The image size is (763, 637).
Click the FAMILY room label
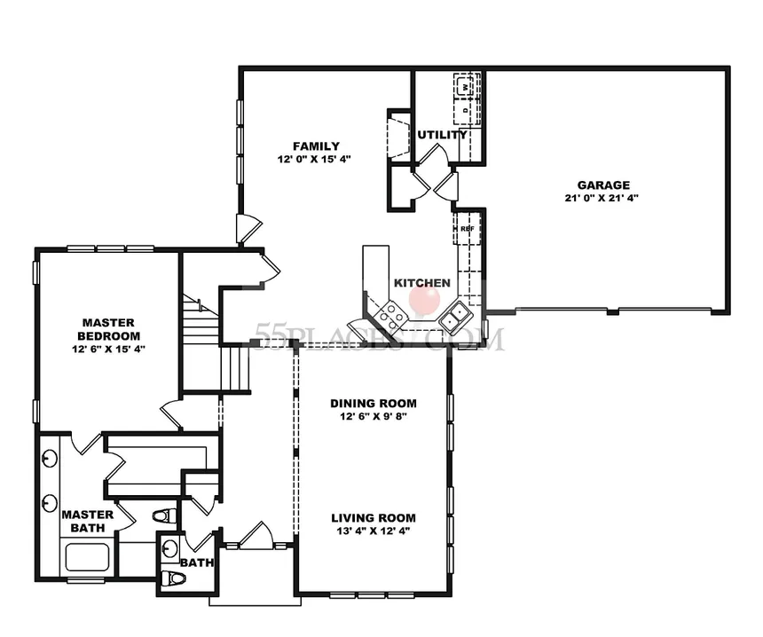pos(317,146)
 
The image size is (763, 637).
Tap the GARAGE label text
pos(603,185)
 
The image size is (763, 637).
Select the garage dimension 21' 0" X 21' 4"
pos(602,198)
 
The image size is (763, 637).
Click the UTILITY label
pos(442,135)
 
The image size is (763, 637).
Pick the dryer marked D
pos(466,110)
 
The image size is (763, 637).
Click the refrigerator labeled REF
pos(468,228)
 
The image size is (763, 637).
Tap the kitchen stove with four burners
pos(391,314)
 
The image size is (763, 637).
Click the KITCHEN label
pos(422,283)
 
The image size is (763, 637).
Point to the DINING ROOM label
pos(374,404)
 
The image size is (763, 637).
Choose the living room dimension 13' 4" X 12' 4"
pos(374,531)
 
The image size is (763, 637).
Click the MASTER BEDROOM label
pos(108,329)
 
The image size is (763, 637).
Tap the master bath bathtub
pos(87,557)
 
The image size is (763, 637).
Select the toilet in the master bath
pos(164,515)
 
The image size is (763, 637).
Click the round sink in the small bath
pos(170,548)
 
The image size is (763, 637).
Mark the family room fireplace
pos(399,134)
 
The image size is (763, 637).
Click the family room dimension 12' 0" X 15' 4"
pos(314,159)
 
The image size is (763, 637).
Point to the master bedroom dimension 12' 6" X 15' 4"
pos(108,349)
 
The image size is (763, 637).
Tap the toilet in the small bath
pos(173,578)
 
